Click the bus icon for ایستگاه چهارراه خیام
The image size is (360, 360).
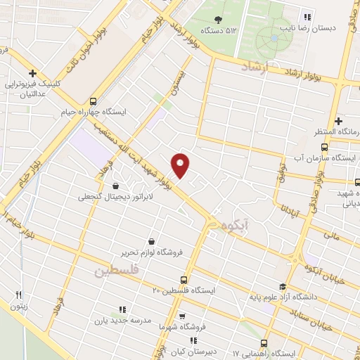click(x=94, y=101)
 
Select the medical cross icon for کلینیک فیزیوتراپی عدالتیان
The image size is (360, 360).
click(x=32, y=72)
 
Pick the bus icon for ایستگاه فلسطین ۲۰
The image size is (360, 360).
click(x=184, y=279)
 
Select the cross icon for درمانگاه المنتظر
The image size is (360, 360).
click(x=338, y=121)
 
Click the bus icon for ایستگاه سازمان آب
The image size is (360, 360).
click(x=323, y=147)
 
